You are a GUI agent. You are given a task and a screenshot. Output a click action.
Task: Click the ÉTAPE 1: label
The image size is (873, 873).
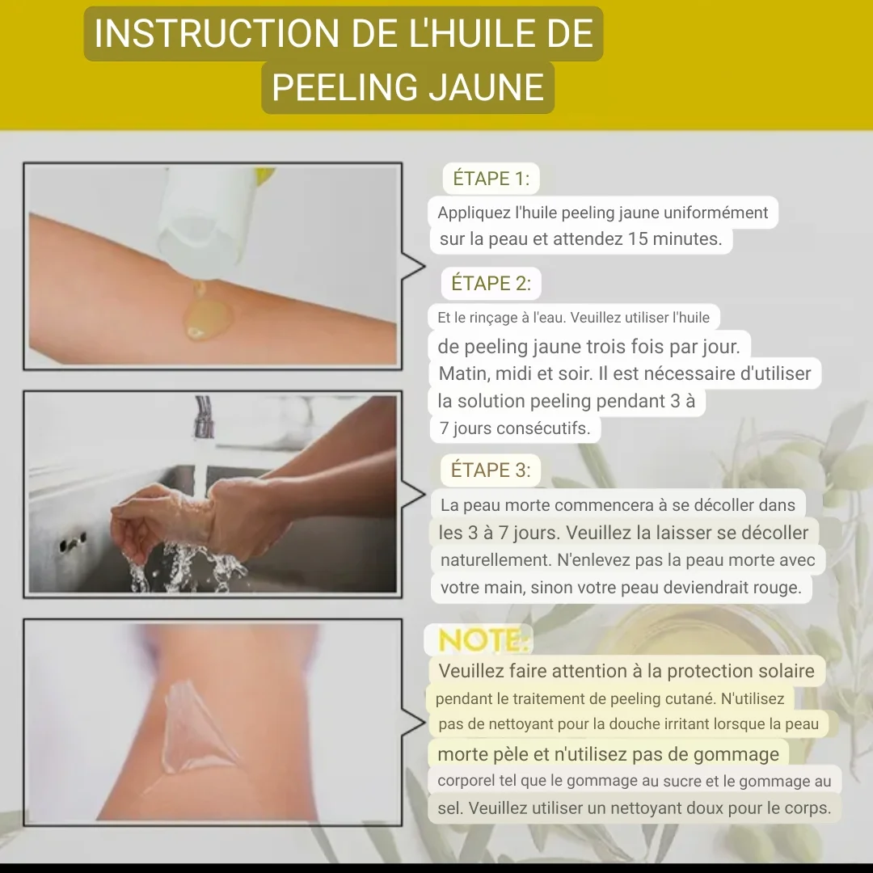click(x=491, y=179)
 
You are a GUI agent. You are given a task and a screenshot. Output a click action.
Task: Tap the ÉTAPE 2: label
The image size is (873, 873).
click(x=491, y=284)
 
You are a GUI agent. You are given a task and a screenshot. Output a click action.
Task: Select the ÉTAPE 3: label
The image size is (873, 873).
click(x=491, y=470)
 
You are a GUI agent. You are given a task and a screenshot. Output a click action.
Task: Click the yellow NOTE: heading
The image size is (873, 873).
click(x=483, y=640)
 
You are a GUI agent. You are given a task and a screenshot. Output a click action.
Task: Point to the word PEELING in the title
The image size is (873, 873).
click(x=344, y=88)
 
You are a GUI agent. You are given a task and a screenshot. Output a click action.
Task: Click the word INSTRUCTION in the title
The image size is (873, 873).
click(x=217, y=33)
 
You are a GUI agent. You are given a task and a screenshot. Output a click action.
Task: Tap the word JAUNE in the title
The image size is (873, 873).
click(x=487, y=88)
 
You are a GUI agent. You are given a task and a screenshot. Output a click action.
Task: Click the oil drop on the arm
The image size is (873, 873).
click(x=206, y=319)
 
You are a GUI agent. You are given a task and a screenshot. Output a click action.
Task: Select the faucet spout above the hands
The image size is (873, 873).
click(x=204, y=416)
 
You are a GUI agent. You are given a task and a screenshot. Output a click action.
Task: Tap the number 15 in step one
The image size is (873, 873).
click(x=638, y=238)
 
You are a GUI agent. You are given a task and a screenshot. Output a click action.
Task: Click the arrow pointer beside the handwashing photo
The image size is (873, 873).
click(x=413, y=495)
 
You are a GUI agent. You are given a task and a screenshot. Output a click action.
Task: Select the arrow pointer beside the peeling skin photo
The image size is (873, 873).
click(x=413, y=723)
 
